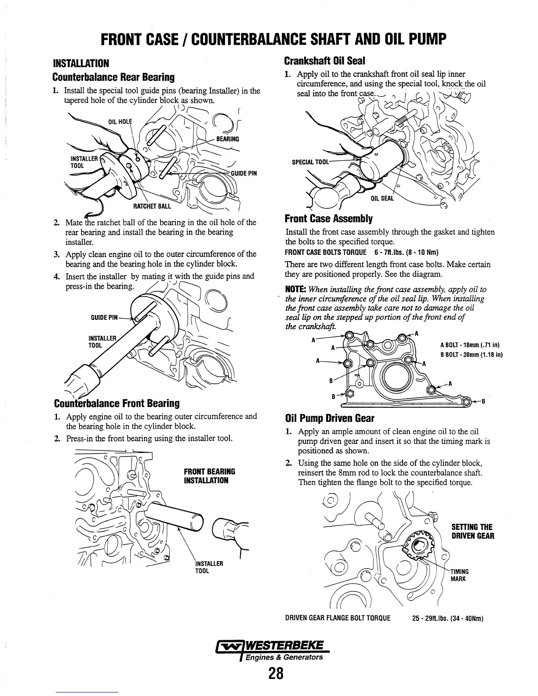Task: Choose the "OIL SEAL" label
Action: pos(383,199)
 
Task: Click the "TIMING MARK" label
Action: pos(460,575)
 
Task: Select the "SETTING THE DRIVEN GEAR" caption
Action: pos(473,531)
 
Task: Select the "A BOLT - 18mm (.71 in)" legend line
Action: pos(470,345)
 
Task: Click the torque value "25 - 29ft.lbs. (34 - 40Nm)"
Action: pos(448,619)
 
